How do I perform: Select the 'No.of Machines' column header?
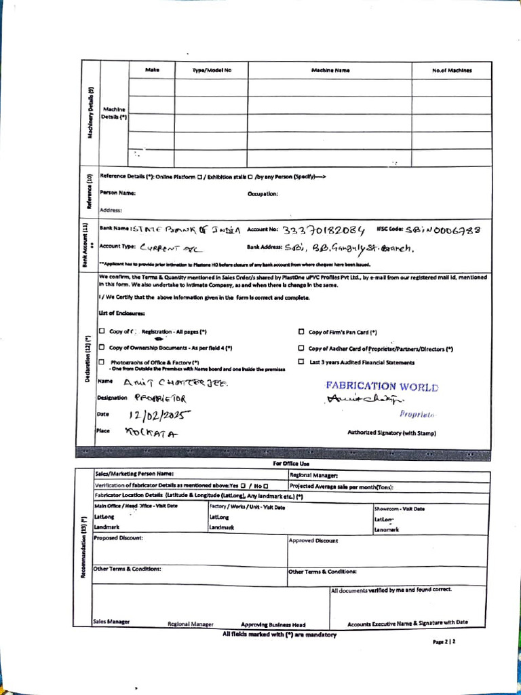451,71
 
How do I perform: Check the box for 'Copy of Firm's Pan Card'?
301,332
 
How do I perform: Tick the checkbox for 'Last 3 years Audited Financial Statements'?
301,362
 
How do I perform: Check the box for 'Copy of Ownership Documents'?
102,347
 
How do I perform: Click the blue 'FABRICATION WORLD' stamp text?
382,387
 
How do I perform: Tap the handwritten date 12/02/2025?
160,415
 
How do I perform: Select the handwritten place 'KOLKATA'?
151,432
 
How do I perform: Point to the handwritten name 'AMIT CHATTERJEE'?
172,383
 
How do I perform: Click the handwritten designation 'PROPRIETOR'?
159,398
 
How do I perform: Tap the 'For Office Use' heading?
291,464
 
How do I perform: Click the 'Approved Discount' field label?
313,541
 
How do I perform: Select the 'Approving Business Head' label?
273,624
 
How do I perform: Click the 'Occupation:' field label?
263,193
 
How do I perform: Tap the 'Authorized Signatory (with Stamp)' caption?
391,433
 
